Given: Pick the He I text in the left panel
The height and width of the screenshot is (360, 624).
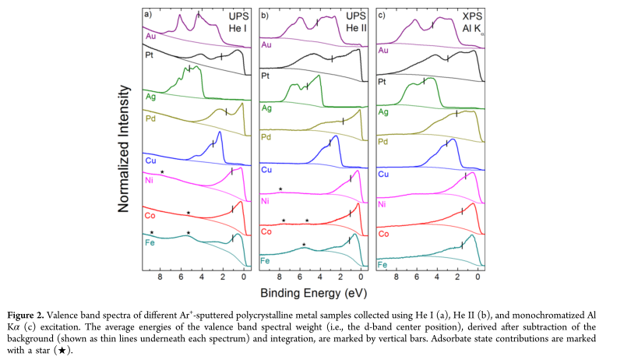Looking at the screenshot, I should (x=233, y=29).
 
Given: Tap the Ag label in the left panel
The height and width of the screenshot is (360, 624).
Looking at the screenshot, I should (x=150, y=96).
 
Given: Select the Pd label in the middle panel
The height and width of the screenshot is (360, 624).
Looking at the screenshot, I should (x=266, y=137).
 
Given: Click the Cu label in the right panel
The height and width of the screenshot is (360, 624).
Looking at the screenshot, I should (x=383, y=173).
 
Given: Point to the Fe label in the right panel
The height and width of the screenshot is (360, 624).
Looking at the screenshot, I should (x=383, y=265).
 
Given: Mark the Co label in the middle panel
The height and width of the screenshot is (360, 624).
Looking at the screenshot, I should (x=266, y=231).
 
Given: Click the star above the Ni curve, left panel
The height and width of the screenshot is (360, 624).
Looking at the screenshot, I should (x=162, y=171).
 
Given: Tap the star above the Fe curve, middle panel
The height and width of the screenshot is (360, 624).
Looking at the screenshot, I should (x=304, y=245).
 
